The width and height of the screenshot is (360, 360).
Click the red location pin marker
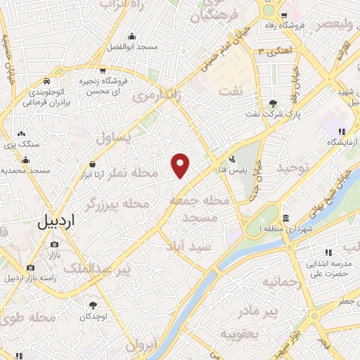coord(181,165)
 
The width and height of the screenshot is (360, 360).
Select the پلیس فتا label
coord(212,169)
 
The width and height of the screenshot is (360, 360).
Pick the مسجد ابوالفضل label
coord(131,46)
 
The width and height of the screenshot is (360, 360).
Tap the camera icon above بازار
coord(54,245)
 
